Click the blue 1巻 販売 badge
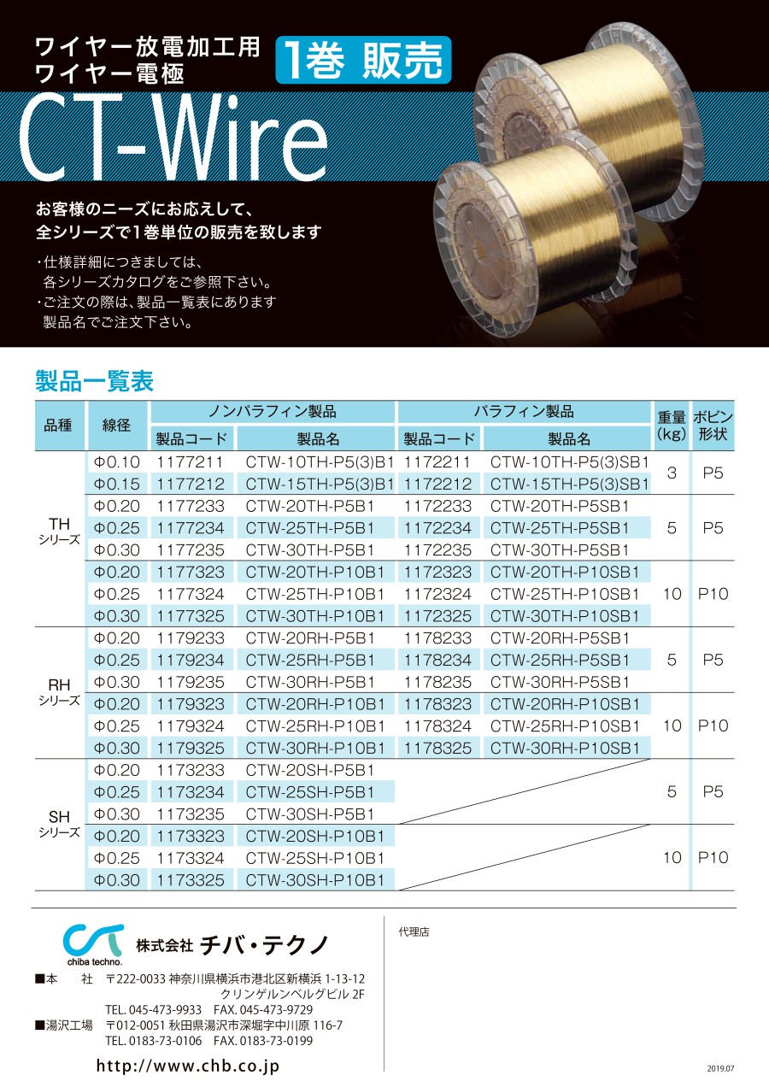coord(363,60)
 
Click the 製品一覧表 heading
coord(95,381)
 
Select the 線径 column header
coord(116,426)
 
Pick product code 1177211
coord(190,462)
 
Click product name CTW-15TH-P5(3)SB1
coord(569,484)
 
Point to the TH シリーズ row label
coord(59,531)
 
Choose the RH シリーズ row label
coord(59,692)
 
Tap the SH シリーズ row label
coord(59,824)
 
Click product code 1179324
coord(191,726)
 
